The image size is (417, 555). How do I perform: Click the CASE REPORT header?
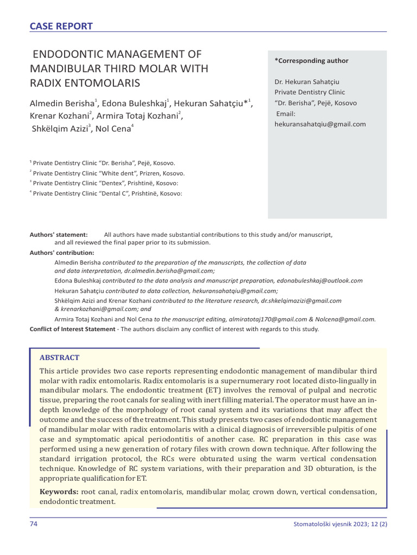pos(61,26)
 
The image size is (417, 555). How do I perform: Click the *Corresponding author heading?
pos(311,61)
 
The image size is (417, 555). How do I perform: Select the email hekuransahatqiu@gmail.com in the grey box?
pos(320,124)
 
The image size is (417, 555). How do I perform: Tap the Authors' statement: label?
pos(59,235)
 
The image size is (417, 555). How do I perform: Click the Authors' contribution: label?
pos(61,253)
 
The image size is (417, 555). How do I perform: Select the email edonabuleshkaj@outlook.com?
pos(319,281)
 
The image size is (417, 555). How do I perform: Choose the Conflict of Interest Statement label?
pos(72,329)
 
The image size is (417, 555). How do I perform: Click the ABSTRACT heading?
pos(59,358)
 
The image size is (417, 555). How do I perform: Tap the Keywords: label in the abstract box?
pos(59,491)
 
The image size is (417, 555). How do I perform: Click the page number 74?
pos(34,525)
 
